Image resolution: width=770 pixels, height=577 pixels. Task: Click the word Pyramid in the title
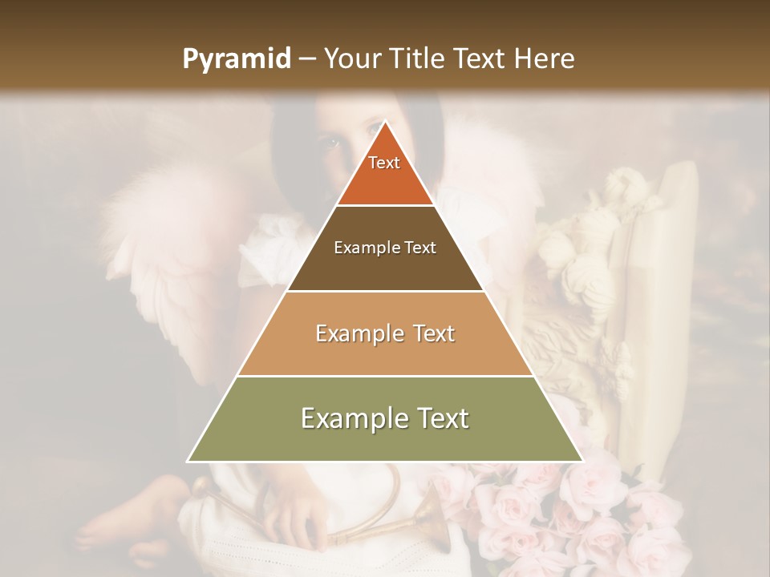(236, 59)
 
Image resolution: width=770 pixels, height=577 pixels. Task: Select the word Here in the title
(545, 59)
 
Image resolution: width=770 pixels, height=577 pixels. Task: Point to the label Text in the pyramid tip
(384, 163)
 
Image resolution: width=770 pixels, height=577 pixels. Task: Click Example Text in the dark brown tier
(385, 248)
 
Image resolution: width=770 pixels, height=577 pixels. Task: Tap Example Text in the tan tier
(385, 333)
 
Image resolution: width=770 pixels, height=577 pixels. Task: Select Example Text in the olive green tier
(385, 418)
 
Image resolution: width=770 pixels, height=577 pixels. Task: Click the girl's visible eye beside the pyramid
(331, 144)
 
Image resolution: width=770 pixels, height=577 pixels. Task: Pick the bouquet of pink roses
(561, 513)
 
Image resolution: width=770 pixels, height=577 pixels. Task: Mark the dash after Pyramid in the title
(306, 59)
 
